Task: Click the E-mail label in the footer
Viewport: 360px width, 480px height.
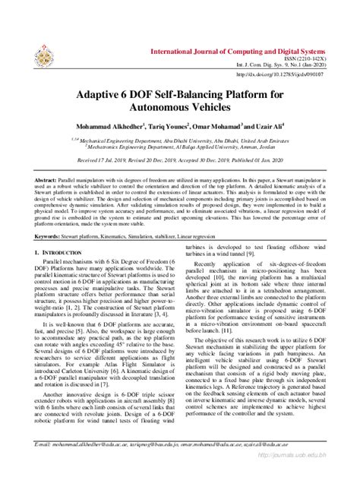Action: coord(46,462)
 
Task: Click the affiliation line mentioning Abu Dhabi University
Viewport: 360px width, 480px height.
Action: coord(180,142)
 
